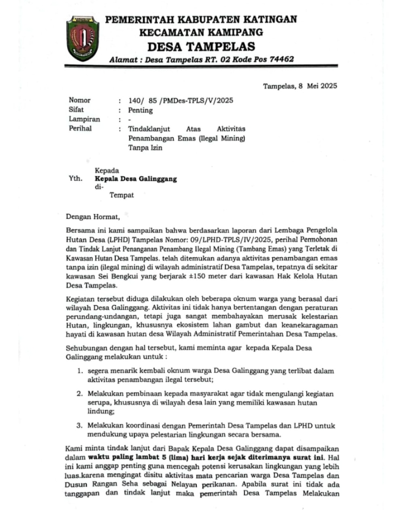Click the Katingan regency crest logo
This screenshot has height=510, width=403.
83,38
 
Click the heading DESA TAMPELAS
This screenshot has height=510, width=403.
201,47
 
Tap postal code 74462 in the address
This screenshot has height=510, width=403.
282,59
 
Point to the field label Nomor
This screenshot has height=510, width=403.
79,100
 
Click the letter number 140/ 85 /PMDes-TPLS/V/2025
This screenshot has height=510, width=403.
181,101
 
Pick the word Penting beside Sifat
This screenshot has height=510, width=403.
140,110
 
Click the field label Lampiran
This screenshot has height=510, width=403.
84,119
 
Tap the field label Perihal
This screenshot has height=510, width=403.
80,129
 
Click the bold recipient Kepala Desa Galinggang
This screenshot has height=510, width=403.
136,179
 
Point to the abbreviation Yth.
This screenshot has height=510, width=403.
75,179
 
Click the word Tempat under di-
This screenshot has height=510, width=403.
122,195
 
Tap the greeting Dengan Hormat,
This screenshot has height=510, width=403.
93,217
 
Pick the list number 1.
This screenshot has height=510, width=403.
80,371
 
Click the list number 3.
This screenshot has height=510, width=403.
79,426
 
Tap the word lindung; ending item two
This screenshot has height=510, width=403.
101,411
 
